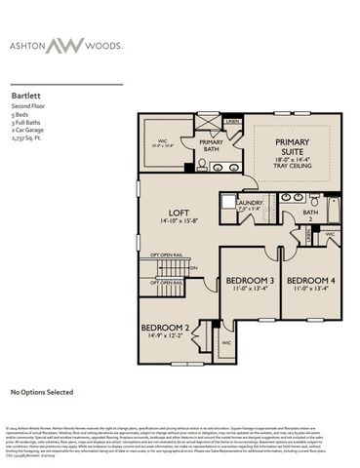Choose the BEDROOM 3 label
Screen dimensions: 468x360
tap(250, 281)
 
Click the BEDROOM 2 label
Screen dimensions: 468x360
tap(164, 328)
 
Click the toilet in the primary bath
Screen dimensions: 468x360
tap(203, 166)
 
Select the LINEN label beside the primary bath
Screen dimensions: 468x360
tap(231, 123)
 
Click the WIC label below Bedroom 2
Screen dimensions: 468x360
tap(225, 343)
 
